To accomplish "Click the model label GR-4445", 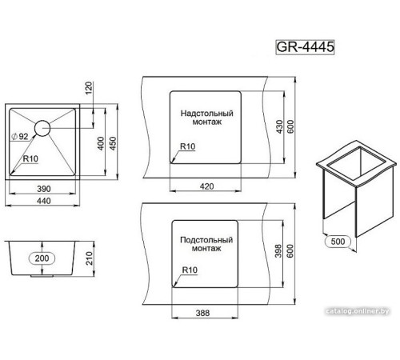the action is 305,47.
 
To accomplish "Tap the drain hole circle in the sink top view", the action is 42,121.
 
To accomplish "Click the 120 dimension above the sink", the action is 89,88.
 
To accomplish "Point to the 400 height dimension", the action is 101,143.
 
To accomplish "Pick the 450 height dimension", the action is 113,143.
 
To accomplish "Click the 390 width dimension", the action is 44,189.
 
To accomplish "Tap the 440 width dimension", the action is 44,201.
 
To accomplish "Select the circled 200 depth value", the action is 42,258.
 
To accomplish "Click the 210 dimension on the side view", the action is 90,258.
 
